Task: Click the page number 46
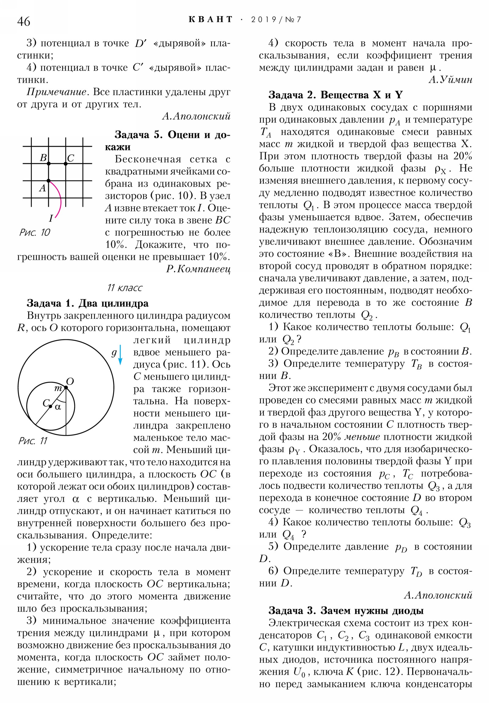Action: click(x=24, y=21)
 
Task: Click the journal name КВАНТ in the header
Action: click(x=210, y=20)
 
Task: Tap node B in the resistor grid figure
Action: click(x=48, y=164)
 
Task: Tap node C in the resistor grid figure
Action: click(x=65, y=164)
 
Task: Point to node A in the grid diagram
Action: click(x=48, y=181)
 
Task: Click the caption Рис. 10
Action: click(x=34, y=232)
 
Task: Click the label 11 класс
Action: click(x=125, y=288)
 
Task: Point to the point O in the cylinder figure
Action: click(x=66, y=387)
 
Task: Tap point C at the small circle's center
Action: click(x=50, y=406)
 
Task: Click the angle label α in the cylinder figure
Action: click(x=57, y=407)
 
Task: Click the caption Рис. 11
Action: click(x=33, y=441)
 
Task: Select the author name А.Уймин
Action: click(x=450, y=79)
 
